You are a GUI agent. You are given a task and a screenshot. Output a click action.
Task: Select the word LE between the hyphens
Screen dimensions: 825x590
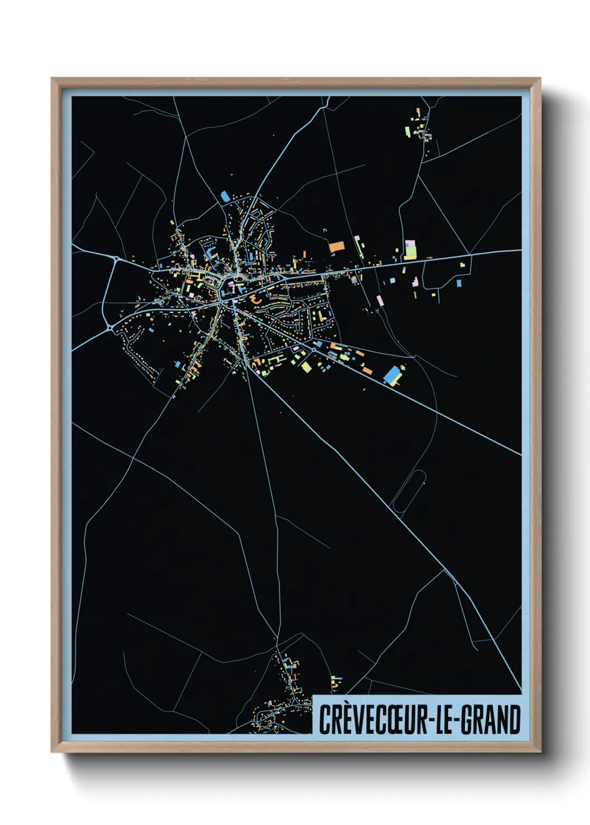(x=445, y=720)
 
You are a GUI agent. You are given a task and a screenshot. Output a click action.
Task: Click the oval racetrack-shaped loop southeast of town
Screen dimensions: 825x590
(x=409, y=490)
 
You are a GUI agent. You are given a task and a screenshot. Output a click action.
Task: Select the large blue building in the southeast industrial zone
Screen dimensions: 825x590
(x=393, y=374)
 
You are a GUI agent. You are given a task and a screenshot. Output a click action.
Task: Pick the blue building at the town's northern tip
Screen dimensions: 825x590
(x=225, y=196)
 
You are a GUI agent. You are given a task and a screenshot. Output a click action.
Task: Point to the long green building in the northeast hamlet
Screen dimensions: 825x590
(x=407, y=132)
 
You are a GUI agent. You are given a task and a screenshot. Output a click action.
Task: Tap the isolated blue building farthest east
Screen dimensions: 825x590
(x=459, y=283)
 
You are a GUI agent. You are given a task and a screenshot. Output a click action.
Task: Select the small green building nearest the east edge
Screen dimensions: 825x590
(x=463, y=264)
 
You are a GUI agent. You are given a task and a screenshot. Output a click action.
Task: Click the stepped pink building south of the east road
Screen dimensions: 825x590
(x=380, y=300)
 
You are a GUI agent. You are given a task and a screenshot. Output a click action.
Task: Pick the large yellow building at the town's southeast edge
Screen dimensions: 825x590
(x=306, y=367)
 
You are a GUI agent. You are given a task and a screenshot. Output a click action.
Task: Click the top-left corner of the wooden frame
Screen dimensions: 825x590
(x=52, y=79)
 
